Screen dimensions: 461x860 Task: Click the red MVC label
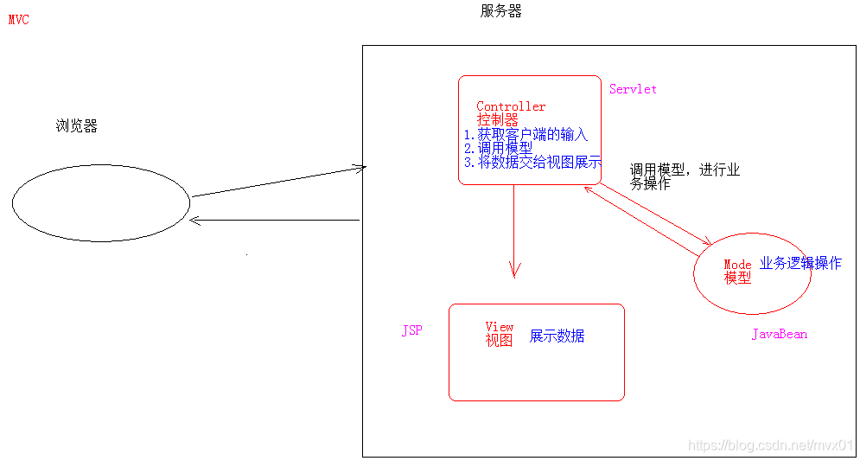tap(18, 20)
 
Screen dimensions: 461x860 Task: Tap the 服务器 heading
tap(500, 11)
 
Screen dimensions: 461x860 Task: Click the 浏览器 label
tap(76, 126)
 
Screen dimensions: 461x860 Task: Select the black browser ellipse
tap(100, 202)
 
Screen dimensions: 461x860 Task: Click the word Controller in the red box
tap(511, 106)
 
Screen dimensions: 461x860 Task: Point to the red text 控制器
tap(497, 120)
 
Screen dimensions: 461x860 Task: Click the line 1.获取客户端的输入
tap(526, 134)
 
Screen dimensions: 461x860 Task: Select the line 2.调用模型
tap(498, 148)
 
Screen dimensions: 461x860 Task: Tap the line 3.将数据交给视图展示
tap(532, 162)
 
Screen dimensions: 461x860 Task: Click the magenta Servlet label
tap(633, 89)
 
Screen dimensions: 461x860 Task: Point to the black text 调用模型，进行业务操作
tap(684, 176)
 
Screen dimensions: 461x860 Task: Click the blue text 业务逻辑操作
tap(800, 263)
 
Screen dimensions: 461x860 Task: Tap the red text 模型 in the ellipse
tap(737, 278)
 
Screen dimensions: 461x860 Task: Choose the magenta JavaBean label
tap(779, 334)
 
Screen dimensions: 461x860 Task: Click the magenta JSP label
tap(411, 331)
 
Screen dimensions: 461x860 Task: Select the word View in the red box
tap(500, 326)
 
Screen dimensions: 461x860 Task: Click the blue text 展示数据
tap(557, 336)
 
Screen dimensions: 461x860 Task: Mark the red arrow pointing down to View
tap(514, 230)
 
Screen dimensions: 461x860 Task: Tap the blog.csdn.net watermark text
tap(770, 445)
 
